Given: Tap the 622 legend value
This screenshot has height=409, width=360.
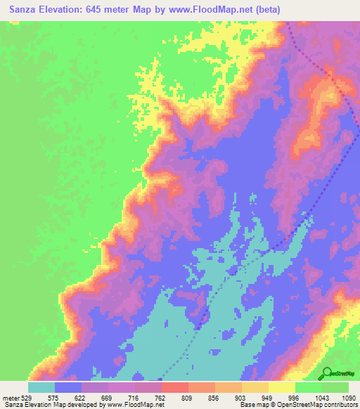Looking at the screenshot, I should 86,398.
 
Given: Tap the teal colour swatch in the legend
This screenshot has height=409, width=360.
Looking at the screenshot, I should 41,387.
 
